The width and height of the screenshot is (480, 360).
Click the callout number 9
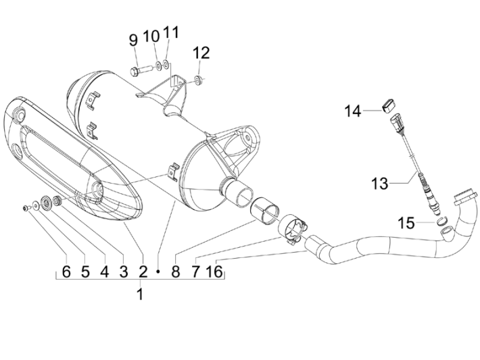click(133, 40)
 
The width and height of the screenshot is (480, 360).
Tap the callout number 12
click(201, 53)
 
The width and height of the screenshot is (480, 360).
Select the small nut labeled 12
click(198, 81)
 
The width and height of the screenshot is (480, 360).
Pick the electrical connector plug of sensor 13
click(396, 125)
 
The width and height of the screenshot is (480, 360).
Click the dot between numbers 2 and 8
click(158, 272)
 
